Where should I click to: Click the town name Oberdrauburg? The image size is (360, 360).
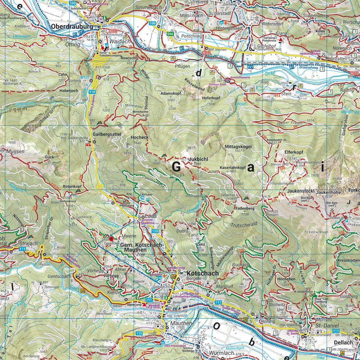[72, 26]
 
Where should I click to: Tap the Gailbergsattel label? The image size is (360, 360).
[108, 134]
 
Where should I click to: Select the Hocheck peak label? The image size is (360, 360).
[137, 138]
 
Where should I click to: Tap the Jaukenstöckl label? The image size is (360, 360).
[302, 191]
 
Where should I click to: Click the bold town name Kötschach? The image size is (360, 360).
[203, 274]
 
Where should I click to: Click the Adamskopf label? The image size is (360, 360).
[171, 93]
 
